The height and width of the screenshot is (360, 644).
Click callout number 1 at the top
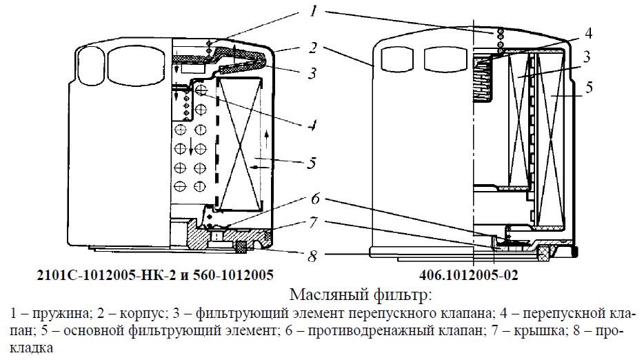314,10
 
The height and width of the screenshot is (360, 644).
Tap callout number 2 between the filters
313,48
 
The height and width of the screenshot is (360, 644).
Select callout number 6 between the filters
315,199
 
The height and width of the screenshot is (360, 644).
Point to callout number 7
313,223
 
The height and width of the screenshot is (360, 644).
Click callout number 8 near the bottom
313,256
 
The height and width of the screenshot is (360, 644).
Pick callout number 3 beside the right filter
587,57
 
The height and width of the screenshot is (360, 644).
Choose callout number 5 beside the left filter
312,163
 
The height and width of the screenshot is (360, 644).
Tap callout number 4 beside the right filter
588,34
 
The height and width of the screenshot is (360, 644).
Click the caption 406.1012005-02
469,275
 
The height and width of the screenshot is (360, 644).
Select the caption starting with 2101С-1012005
155,275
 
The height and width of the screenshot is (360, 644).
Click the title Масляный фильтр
361,294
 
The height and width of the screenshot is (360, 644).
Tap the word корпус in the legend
143,314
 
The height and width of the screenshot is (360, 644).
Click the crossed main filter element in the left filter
241,145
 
